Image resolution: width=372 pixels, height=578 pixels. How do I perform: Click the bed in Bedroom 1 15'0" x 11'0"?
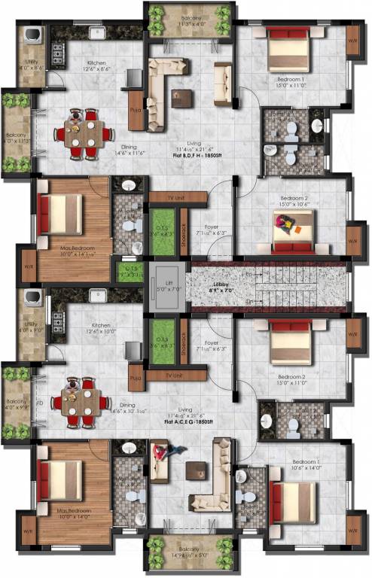[289, 52]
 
